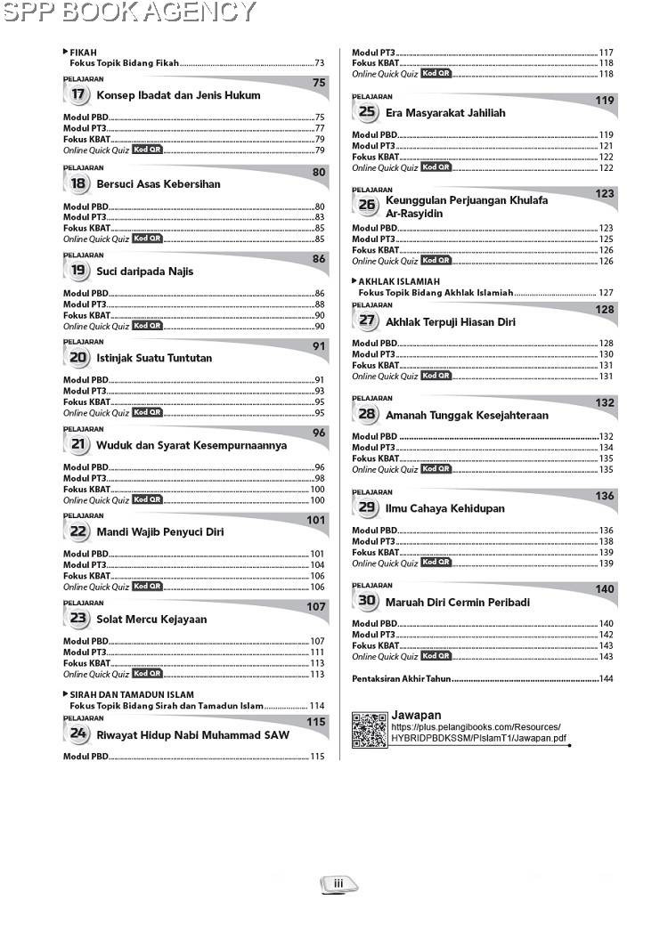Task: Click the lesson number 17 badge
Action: point(78,95)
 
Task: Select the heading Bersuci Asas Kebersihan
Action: point(158,184)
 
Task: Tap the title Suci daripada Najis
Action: point(144,271)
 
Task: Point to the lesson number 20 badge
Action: point(78,358)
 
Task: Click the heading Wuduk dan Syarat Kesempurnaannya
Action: point(191,445)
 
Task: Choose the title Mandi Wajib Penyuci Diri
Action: point(159,532)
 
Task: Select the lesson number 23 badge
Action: point(78,619)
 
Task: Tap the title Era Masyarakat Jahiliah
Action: point(445,113)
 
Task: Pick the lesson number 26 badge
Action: point(367,205)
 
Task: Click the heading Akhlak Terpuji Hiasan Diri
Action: point(451,322)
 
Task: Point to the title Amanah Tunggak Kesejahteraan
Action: point(467,416)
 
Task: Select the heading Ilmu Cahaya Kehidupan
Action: point(445,509)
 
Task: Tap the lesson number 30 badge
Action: point(367,602)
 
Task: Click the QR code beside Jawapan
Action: point(369,730)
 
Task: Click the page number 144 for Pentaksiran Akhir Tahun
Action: point(606,679)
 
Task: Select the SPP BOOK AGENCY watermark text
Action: point(129,12)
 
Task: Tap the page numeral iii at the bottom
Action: point(338,884)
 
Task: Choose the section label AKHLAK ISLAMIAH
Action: point(399,281)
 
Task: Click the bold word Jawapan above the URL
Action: point(416,715)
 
